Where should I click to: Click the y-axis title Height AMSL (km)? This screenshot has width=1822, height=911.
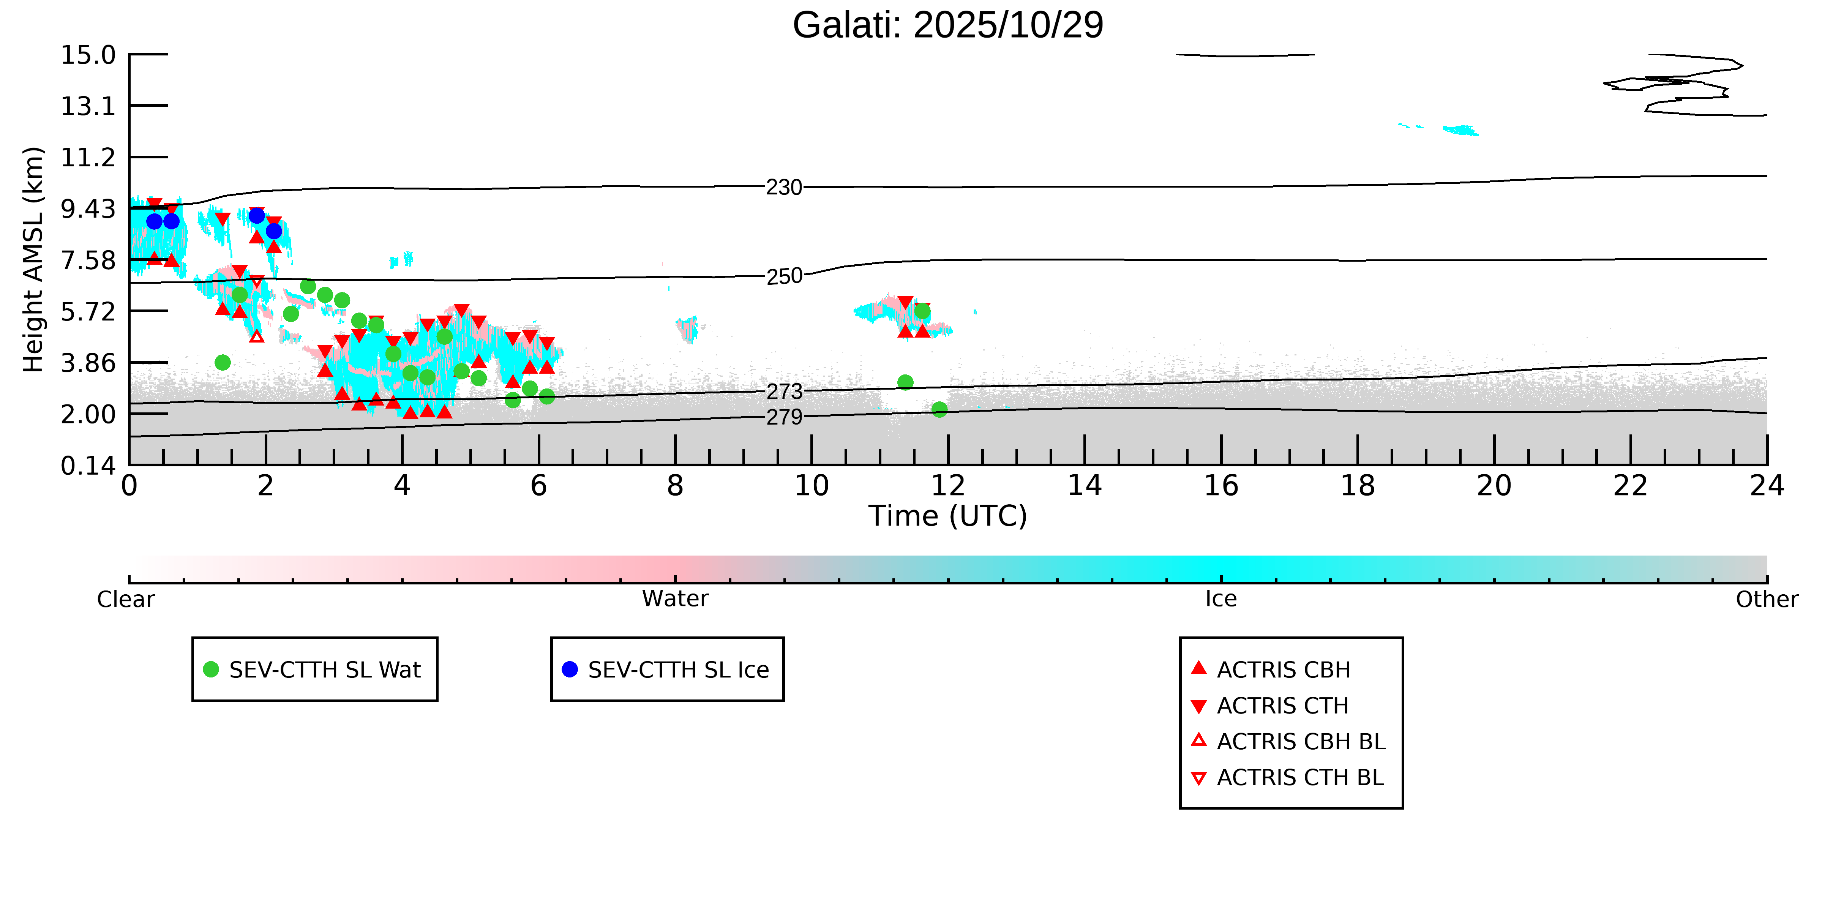[x=33, y=260]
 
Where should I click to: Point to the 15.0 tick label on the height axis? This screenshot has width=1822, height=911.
[x=88, y=54]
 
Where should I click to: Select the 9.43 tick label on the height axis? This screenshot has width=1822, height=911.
[x=88, y=208]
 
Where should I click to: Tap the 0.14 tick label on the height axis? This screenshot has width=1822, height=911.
[x=88, y=466]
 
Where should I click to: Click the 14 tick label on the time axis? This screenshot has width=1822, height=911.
[x=1084, y=486]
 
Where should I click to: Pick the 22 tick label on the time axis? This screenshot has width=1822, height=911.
[x=1630, y=486]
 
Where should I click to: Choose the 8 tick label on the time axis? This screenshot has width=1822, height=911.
[x=675, y=486]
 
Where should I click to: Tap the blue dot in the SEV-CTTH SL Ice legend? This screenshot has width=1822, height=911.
[x=569, y=669]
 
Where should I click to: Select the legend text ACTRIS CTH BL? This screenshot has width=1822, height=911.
[x=1300, y=777]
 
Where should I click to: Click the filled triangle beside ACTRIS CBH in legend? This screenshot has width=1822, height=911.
[x=1198, y=668]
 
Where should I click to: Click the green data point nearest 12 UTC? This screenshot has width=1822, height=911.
[x=939, y=409]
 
